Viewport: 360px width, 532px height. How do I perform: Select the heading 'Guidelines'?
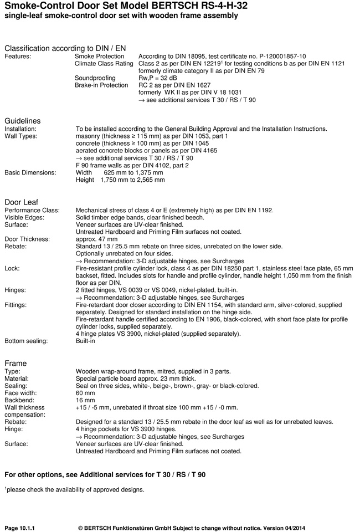pos(22,121)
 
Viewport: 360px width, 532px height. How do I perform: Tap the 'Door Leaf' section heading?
pos(21,202)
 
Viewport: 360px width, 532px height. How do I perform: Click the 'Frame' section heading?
pos(16,363)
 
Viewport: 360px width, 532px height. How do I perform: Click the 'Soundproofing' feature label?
pos(95,78)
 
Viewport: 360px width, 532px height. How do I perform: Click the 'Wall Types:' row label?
pos(21,136)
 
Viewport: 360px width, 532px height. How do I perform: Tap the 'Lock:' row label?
pos(12,268)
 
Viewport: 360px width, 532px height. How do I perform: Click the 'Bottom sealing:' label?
pos(26,341)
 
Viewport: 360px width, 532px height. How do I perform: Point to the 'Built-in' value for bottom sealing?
pos(85,341)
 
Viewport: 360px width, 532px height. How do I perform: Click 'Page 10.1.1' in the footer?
pos(23,527)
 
